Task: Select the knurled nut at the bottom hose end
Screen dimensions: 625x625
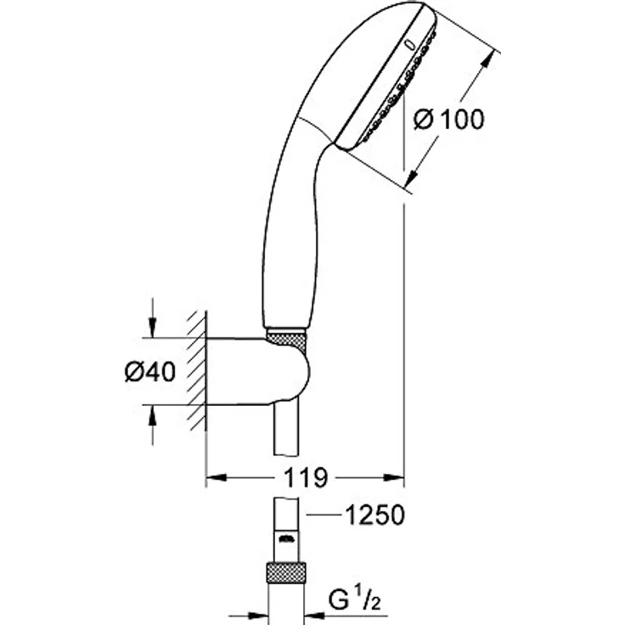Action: (286, 571)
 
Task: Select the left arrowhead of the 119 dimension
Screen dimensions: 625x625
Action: (212, 478)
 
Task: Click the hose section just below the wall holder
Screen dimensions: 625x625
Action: (286, 429)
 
